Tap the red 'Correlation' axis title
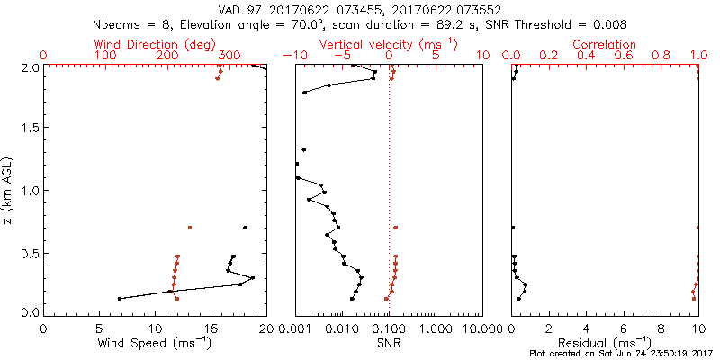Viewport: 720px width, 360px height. coord(605,44)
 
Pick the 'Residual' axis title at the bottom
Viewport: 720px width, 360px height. coord(605,343)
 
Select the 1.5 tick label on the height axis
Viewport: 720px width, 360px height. coord(29,129)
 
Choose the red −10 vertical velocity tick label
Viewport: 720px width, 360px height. coord(293,56)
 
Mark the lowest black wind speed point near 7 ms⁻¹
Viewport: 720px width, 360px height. coord(120,298)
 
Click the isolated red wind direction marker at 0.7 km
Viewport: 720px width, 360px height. coord(189,228)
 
